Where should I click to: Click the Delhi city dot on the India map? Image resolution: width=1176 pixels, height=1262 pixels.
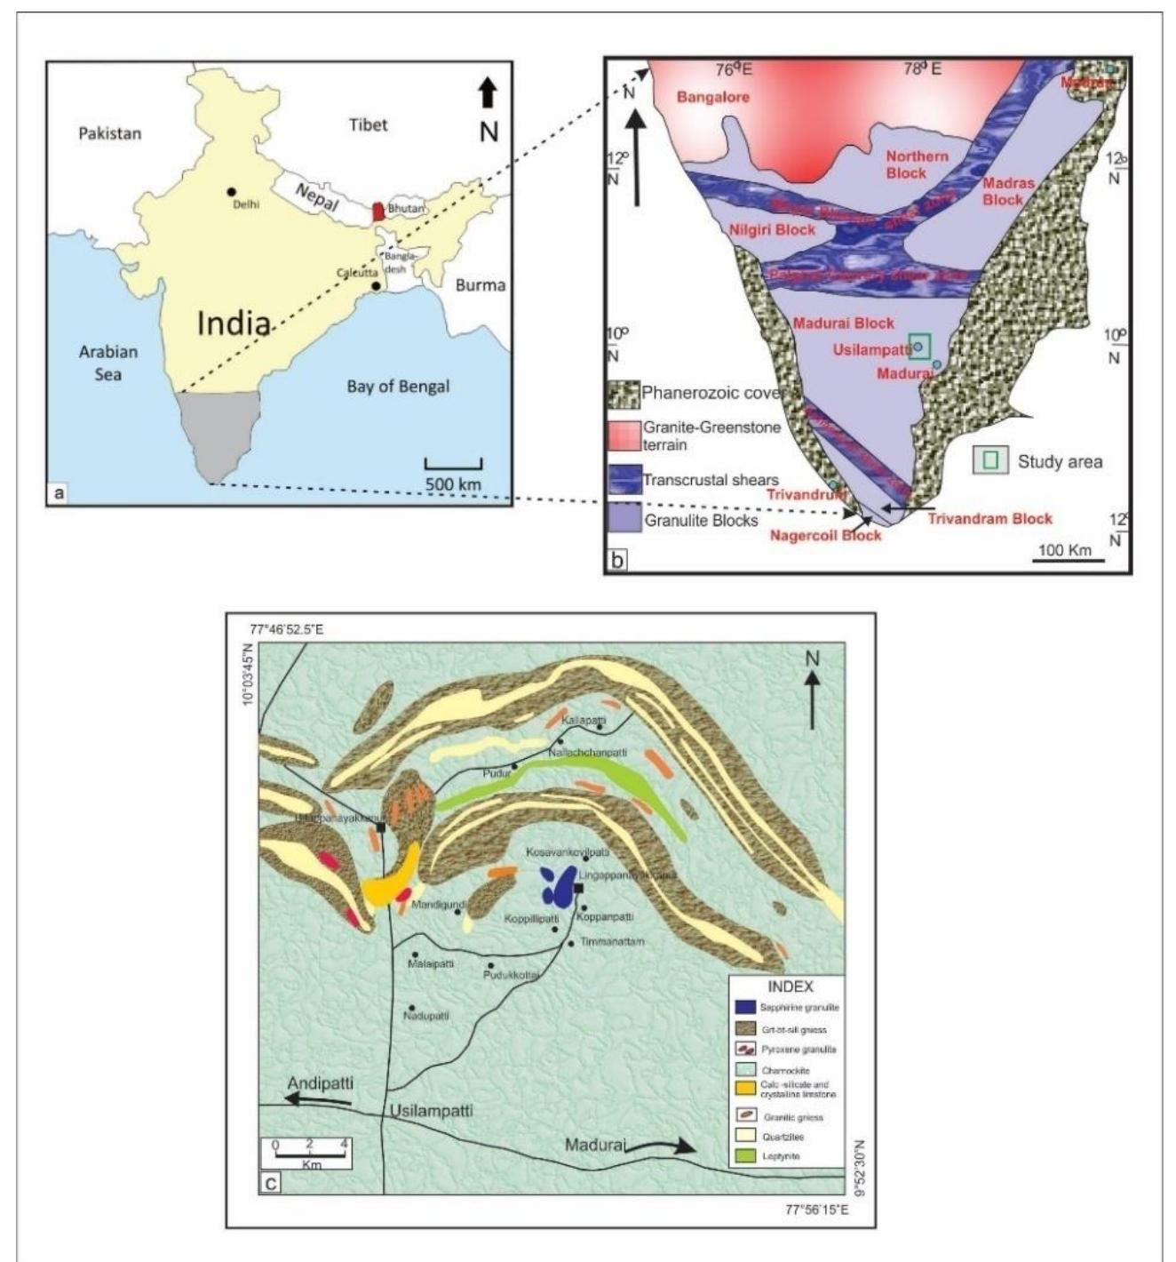[x=231, y=192]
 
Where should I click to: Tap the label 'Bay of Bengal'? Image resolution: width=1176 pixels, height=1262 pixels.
[x=398, y=386]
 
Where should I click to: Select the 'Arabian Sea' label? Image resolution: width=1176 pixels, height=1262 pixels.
[x=107, y=362]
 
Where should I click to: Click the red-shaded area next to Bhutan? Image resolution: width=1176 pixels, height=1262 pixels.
[x=378, y=212]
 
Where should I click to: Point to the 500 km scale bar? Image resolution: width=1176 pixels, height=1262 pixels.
[x=453, y=463]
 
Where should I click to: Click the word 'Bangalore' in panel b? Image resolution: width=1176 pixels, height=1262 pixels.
[x=713, y=97]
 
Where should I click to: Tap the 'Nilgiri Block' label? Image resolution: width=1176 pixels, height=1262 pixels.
[x=772, y=229]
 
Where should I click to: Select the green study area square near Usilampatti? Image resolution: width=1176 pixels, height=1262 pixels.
[x=921, y=347]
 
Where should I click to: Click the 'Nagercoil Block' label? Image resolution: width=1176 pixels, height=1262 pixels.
[x=825, y=535]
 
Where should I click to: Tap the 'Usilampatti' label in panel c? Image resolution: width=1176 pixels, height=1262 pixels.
[x=431, y=1111]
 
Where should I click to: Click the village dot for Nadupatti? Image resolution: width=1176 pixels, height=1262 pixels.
[x=411, y=1007]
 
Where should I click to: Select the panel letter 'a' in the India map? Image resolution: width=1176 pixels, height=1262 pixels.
[x=59, y=491]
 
